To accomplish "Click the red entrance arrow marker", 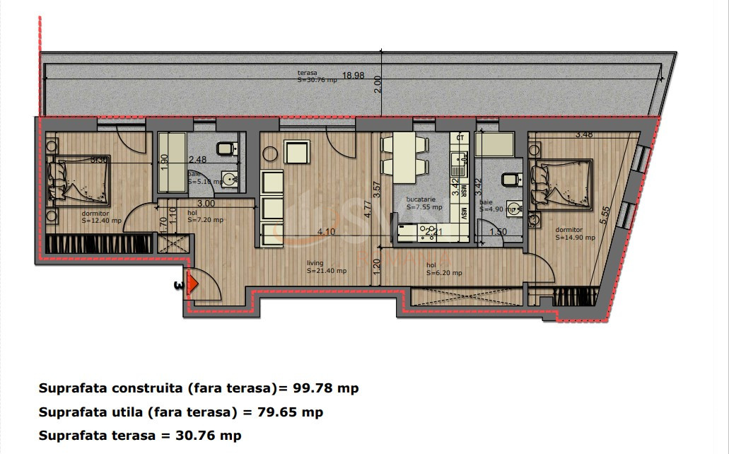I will click(193, 284).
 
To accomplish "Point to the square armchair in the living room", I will click(297, 151).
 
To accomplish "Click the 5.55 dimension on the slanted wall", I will click(604, 215).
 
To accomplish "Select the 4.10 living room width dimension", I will click(325, 231).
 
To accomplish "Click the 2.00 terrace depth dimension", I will click(378, 83).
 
